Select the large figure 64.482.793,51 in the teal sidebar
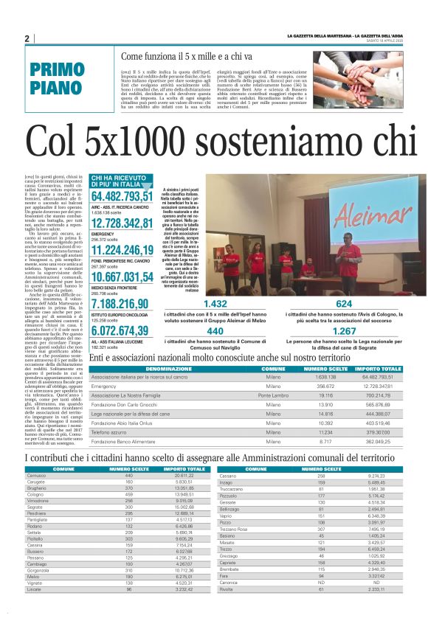(x=122, y=197)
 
